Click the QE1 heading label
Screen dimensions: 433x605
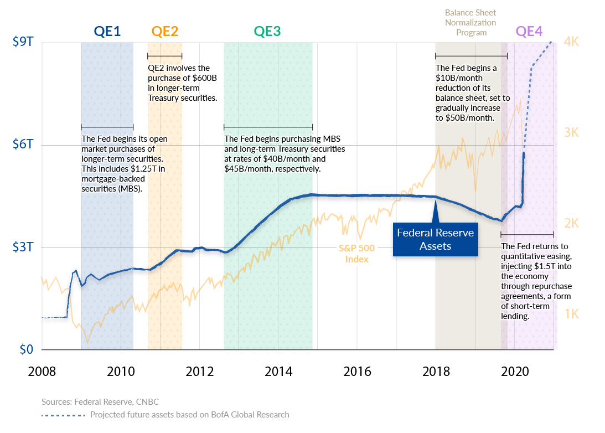coord(107,32)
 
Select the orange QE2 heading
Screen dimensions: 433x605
coord(165,32)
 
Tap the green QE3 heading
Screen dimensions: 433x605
coord(267,32)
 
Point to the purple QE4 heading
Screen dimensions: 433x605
coord(529,32)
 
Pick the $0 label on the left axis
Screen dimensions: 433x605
coord(27,349)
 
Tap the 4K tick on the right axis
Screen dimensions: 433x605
coord(571,42)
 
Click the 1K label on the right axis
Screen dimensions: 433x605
coord(571,313)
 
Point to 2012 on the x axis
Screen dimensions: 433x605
coord(199,370)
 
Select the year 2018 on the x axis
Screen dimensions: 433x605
coord(436,370)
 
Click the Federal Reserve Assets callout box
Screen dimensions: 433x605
coord(435,239)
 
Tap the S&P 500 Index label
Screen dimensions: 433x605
coord(357,254)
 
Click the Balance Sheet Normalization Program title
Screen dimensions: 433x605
coord(470,23)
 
